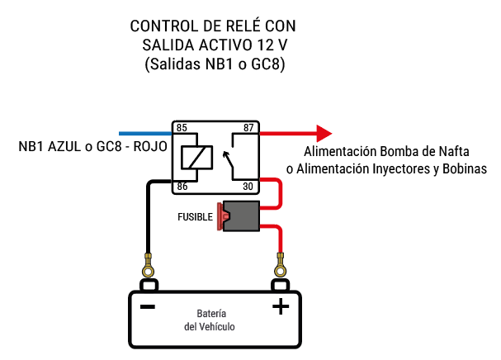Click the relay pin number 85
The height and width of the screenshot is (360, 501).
(182, 128)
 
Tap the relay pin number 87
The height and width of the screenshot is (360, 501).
(248, 128)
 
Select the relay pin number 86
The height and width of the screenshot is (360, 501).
(182, 187)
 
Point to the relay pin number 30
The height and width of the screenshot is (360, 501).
(248, 187)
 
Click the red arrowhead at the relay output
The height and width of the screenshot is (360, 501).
(324, 133)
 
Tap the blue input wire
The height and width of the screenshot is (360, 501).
(144, 133)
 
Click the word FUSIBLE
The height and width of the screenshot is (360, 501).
(195, 217)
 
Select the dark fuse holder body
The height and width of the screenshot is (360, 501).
(241, 216)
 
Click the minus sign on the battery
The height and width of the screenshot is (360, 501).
(148, 307)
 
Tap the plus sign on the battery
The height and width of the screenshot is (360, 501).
(281, 307)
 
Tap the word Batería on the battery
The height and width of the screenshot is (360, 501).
(212, 314)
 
